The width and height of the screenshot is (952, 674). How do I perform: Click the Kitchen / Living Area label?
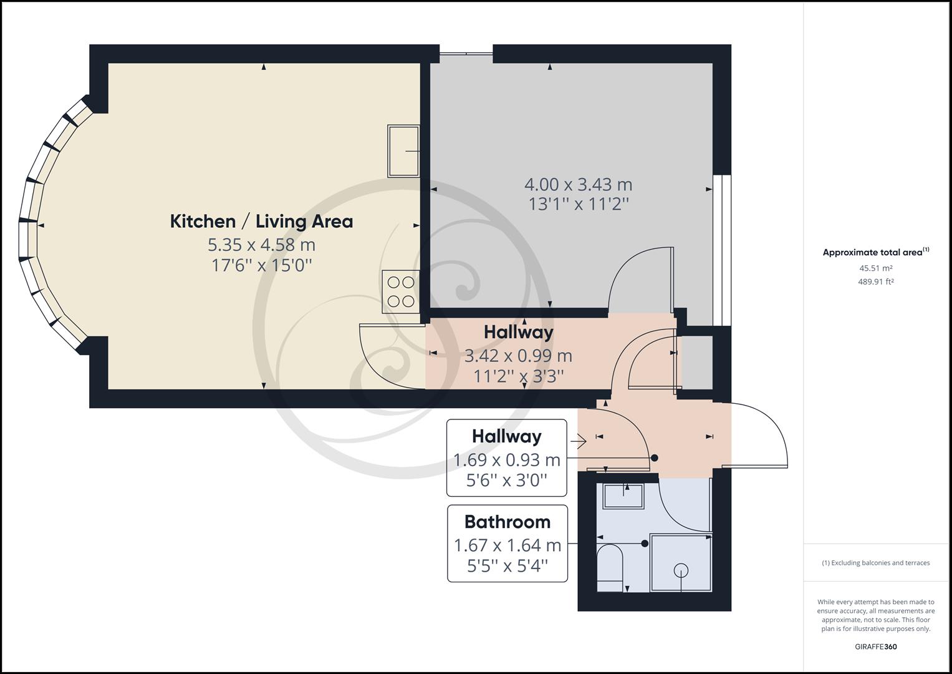pyautogui.click(x=261, y=221)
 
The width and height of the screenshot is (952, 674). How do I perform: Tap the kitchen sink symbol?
pyautogui.click(x=403, y=150)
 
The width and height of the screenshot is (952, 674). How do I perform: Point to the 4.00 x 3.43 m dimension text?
pyautogui.click(x=578, y=185)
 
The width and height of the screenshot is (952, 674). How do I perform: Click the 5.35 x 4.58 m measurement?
pyautogui.click(x=261, y=244)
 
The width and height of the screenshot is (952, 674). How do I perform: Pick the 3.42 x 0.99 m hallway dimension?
pyautogui.click(x=518, y=356)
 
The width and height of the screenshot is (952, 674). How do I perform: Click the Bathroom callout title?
pyautogui.click(x=507, y=522)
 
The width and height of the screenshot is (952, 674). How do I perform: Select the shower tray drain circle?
pyautogui.click(x=681, y=569)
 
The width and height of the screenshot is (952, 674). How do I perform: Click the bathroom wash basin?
pyautogui.click(x=623, y=496)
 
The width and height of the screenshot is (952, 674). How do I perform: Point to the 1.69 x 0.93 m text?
pyautogui.click(x=506, y=460)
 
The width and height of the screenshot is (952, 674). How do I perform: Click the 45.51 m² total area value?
pyautogui.click(x=875, y=268)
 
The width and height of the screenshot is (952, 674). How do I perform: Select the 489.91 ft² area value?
pyautogui.click(x=875, y=281)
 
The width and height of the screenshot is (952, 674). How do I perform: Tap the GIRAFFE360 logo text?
pyautogui.click(x=875, y=647)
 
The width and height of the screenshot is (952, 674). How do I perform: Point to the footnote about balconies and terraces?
pyautogui.click(x=875, y=563)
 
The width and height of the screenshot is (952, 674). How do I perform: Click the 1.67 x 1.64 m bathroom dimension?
pyautogui.click(x=507, y=545)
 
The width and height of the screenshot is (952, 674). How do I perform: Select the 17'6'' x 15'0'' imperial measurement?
pyautogui.click(x=261, y=265)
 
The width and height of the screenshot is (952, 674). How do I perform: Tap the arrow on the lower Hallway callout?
pyautogui.click(x=578, y=442)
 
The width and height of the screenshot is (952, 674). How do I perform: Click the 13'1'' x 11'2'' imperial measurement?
pyautogui.click(x=578, y=204)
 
